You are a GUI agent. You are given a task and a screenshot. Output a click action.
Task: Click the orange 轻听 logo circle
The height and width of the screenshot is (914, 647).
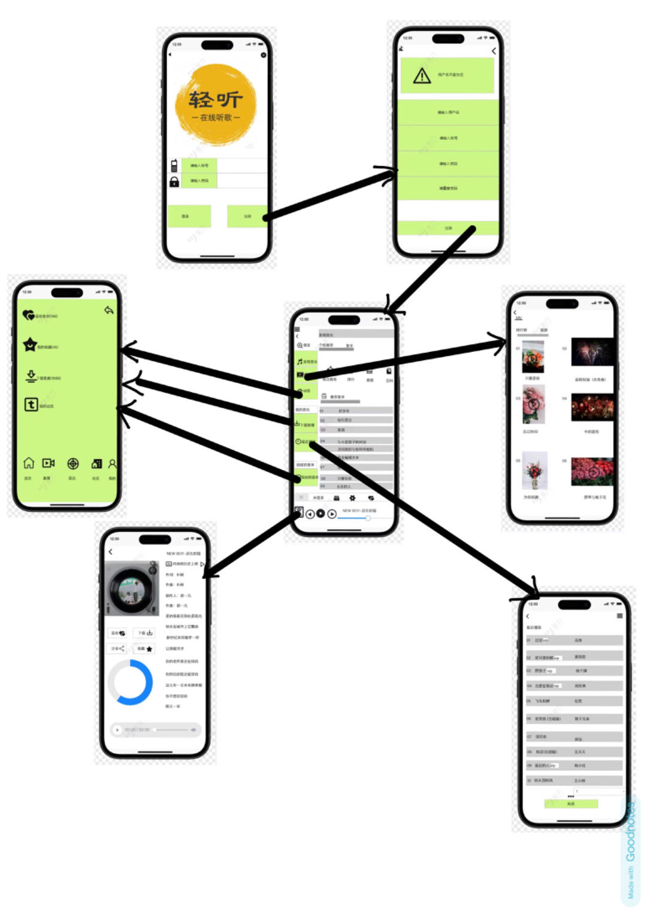click(216, 105)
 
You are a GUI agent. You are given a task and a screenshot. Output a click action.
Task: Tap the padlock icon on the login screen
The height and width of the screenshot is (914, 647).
click(174, 181)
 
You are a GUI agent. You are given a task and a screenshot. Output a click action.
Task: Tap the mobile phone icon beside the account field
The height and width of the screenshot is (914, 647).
click(174, 166)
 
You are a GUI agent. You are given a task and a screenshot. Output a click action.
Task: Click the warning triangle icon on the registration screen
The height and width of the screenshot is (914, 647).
click(422, 76)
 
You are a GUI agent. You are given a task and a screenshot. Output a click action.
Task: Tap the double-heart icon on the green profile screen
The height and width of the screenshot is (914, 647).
click(28, 315)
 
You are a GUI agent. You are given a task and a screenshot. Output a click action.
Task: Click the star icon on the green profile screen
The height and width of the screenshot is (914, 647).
click(29, 345)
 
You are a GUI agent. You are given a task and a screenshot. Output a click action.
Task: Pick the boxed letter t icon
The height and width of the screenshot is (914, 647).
click(31, 405)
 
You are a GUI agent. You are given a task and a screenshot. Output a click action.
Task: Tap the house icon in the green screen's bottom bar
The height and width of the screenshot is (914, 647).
click(28, 463)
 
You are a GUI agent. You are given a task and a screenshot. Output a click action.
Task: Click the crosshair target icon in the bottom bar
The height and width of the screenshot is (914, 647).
click(72, 463)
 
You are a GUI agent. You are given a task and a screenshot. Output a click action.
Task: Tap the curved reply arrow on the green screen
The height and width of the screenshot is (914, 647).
click(108, 310)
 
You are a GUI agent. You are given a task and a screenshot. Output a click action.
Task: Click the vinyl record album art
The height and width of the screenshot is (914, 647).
click(132, 588)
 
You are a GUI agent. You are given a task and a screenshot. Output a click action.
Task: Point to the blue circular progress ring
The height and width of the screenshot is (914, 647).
click(130, 682)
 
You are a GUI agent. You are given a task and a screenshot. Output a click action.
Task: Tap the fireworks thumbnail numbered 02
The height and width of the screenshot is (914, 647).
click(592, 352)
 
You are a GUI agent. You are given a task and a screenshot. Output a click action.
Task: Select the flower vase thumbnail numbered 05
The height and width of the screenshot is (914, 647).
click(534, 472)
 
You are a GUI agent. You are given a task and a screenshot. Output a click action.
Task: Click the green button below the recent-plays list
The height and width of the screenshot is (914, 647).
click(570, 804)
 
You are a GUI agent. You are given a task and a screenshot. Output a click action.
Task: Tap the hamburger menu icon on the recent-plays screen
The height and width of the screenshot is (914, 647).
click(619, 615)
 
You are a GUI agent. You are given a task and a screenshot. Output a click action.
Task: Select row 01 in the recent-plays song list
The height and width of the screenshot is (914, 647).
click(574, 640)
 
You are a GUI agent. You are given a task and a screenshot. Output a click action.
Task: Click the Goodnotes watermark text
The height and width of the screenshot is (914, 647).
click(631, 850)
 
